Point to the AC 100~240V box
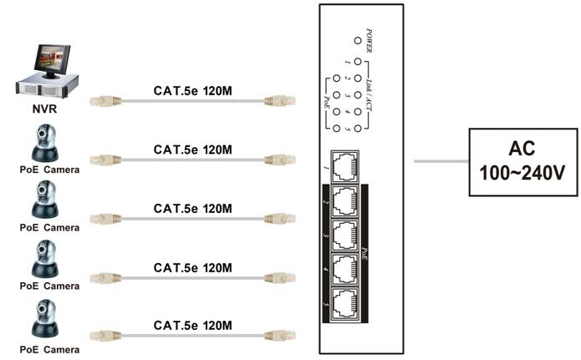[x=522, y=162]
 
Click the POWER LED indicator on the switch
[x=357, y=40]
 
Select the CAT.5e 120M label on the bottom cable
[x=192, y=324]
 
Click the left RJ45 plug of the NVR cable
[x=100, y=102]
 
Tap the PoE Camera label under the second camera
[x=49, y=227]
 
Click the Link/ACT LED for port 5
[x=357, y=129]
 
